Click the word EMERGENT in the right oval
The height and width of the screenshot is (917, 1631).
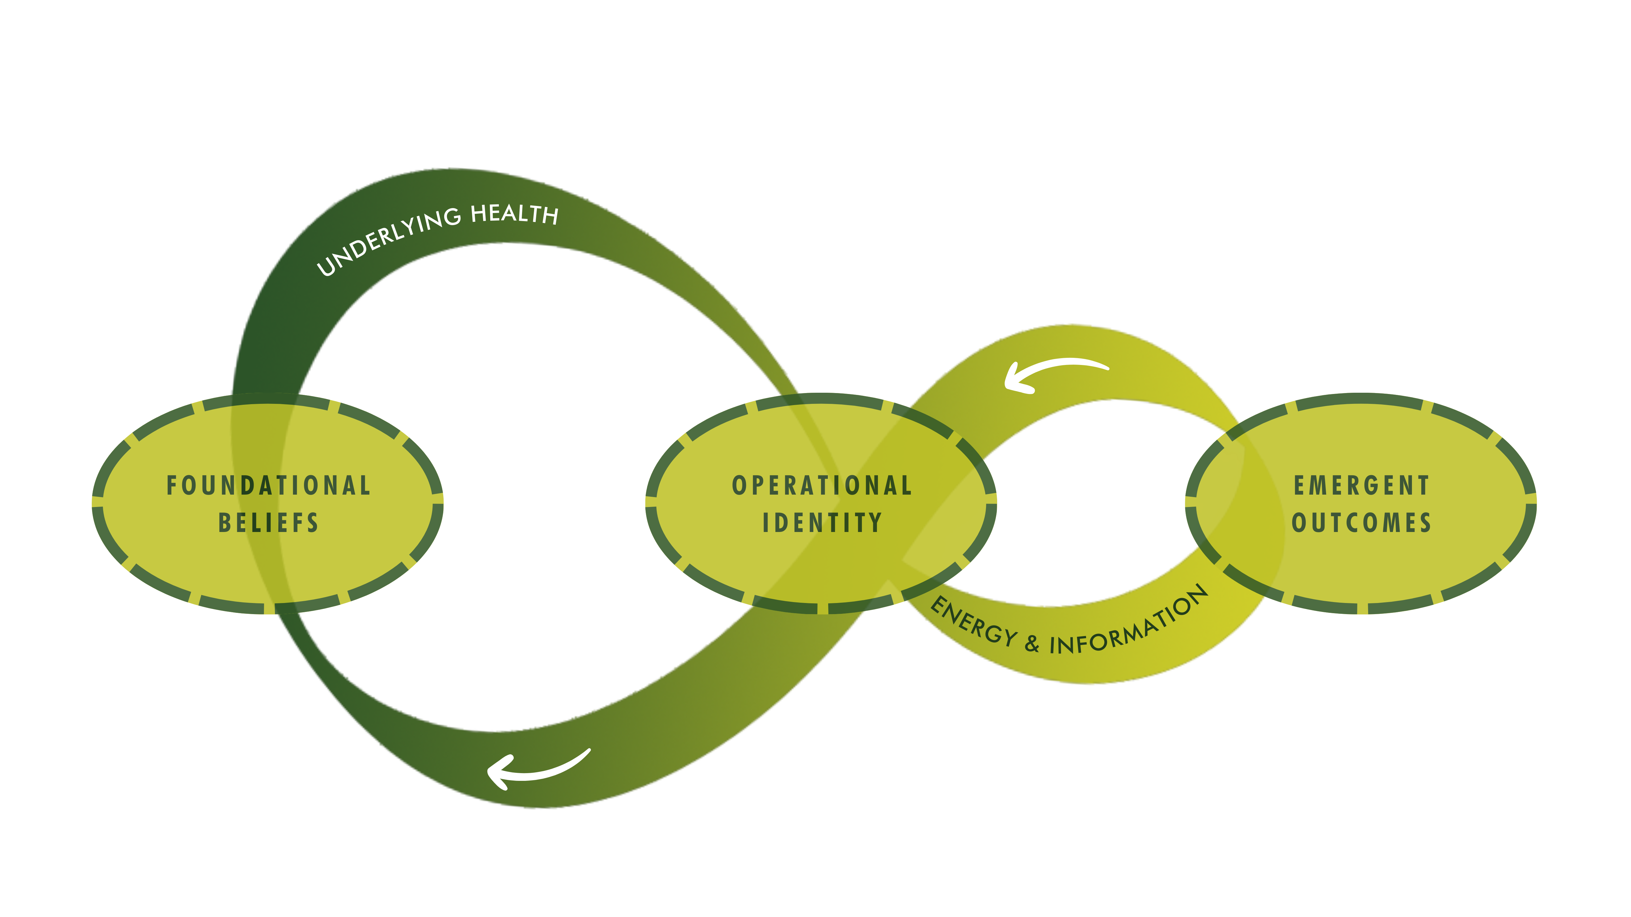click(x=1361, y=485)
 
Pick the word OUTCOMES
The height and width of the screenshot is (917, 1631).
click(x=1361, y=523)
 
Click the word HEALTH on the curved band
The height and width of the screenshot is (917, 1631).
click(x=514, y=214)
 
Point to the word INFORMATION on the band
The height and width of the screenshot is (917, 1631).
click(x=1130, y=623)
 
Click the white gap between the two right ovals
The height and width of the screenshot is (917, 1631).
click(x=1089, y=506)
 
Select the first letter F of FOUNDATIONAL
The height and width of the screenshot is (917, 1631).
click(x=171, y=485)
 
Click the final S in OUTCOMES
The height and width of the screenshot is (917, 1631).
click(x=1425, y=523)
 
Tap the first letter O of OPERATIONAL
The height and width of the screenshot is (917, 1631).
click(x=738, y=485)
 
